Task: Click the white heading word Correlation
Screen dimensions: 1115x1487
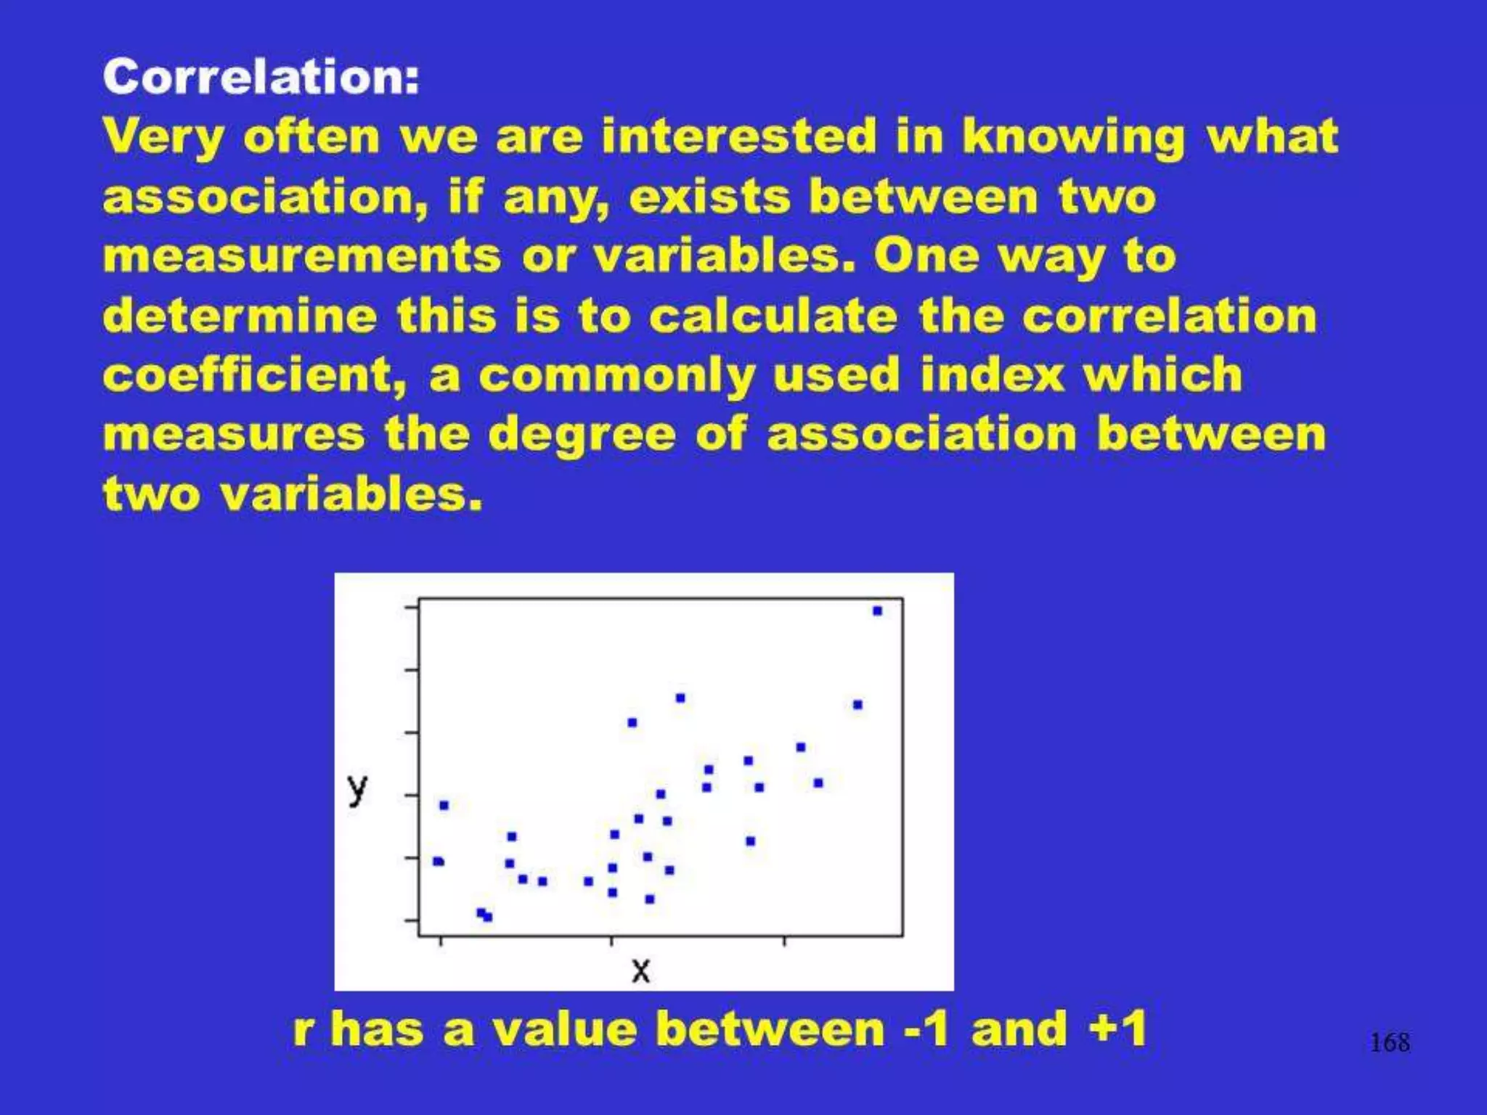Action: [x=261, y=77]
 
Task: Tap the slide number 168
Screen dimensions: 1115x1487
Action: [x=1389, y=1043]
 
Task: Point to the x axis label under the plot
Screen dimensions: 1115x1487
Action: [x=640, y=970]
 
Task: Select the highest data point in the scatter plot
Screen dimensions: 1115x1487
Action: [x=877, y=611]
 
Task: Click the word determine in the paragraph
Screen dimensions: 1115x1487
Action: [x=240, y=316]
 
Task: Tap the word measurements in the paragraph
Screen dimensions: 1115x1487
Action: [x=302, y=256]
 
